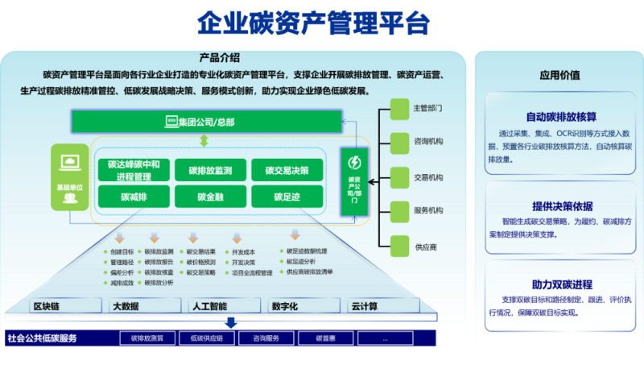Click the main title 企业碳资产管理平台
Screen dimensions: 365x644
coord(314,24)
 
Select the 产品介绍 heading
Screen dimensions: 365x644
coord(219,58)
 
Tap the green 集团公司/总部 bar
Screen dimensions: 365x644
coord(204,122)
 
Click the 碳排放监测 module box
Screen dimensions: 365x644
coord(210,171)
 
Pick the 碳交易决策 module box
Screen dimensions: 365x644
coord(287,171)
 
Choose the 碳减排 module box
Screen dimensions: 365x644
coord(134,197)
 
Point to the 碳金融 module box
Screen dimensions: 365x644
coord(210,197)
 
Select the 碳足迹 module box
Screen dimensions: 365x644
coord(287,197)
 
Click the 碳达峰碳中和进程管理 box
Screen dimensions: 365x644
coord(134,171)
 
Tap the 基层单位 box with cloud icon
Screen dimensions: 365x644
coord(70,177)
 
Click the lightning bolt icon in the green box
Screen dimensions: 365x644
coord(354,162)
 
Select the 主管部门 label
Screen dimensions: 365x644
coord(427,108)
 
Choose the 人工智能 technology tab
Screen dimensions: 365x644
coord(208,306)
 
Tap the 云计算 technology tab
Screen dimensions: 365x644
coord(365,306)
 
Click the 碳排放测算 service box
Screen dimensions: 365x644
coord(147,338)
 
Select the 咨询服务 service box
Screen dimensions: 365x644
coord(266,338)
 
